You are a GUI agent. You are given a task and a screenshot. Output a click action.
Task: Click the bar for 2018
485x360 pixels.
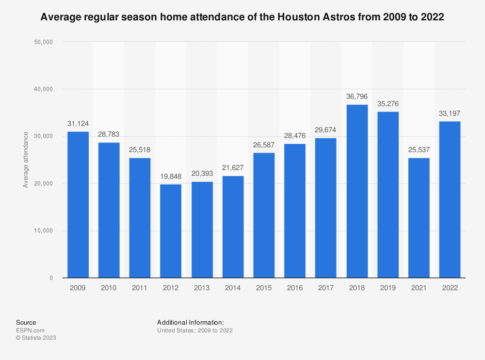tap(357, 191)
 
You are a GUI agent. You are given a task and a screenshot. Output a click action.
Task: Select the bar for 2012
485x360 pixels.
tap(171, 231)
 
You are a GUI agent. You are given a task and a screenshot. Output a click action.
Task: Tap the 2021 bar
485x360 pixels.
tap(419, 218)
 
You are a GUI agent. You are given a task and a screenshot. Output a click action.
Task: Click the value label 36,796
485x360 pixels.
tap(357, 96)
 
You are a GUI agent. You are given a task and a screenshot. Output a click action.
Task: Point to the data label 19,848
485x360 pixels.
tap(171, 176)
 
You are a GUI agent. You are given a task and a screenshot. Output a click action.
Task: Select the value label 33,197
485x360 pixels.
tap(450, 113)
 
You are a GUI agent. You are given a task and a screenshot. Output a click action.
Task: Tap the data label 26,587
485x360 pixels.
tap(264, 144)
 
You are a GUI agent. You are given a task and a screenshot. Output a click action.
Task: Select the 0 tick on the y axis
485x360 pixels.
tap(50, 278)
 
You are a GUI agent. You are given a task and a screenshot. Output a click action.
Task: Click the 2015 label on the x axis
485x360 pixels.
tap(264, 288)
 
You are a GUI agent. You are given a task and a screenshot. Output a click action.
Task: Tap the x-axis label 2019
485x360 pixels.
tap(388, 288)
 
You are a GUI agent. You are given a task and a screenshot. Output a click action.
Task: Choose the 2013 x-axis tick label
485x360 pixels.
tap(202, 288)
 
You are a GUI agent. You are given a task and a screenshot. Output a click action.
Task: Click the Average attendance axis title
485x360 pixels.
tap(25, 160)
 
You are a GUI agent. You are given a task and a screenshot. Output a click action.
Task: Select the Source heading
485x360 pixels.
tap(26, 322)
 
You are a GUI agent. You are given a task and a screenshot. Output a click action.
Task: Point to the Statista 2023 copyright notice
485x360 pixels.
tap(36, 338)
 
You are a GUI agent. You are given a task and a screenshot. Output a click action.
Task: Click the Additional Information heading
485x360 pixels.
tap(190, 322)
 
